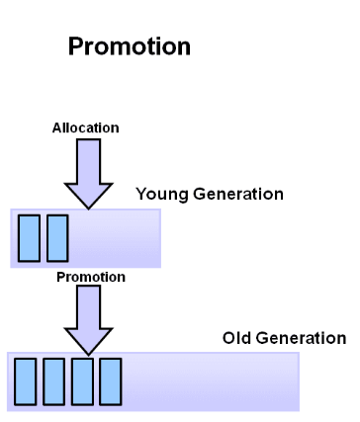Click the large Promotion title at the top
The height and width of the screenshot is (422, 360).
129,46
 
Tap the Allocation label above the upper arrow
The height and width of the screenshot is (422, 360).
85,127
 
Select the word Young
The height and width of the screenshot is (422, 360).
157,194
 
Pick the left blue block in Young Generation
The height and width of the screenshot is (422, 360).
30,237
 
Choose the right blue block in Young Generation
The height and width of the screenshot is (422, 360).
57,237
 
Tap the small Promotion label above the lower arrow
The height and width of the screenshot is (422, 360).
90,277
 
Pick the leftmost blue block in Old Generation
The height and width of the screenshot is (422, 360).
25,381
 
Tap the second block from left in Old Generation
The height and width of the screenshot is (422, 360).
53,381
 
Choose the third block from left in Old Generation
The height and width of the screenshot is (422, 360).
82,381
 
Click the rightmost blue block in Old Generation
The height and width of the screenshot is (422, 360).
111,381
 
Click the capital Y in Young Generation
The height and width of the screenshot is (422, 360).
140,194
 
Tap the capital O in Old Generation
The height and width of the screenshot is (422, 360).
228,339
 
